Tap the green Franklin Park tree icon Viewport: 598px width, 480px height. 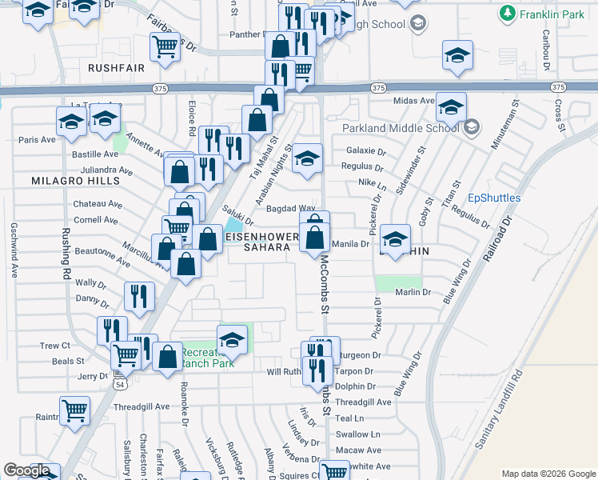click(x=507, y=13)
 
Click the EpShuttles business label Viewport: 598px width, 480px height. click(x=494, y=198)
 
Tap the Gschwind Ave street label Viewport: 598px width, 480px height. click(x=14, y=250)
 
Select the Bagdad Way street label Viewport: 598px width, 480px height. click(x=291, y=208)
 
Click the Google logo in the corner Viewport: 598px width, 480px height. click(x=26, y=470)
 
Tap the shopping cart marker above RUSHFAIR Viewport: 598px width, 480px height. click(x=165, y=46)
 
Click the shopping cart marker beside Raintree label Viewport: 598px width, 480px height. click(x=74, y=411)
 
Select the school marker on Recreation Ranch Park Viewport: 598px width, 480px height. click(x=232, y=340)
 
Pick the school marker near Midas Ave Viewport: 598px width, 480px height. click(x=451, y=106)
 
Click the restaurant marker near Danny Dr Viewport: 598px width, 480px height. click(x=139, y=296)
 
